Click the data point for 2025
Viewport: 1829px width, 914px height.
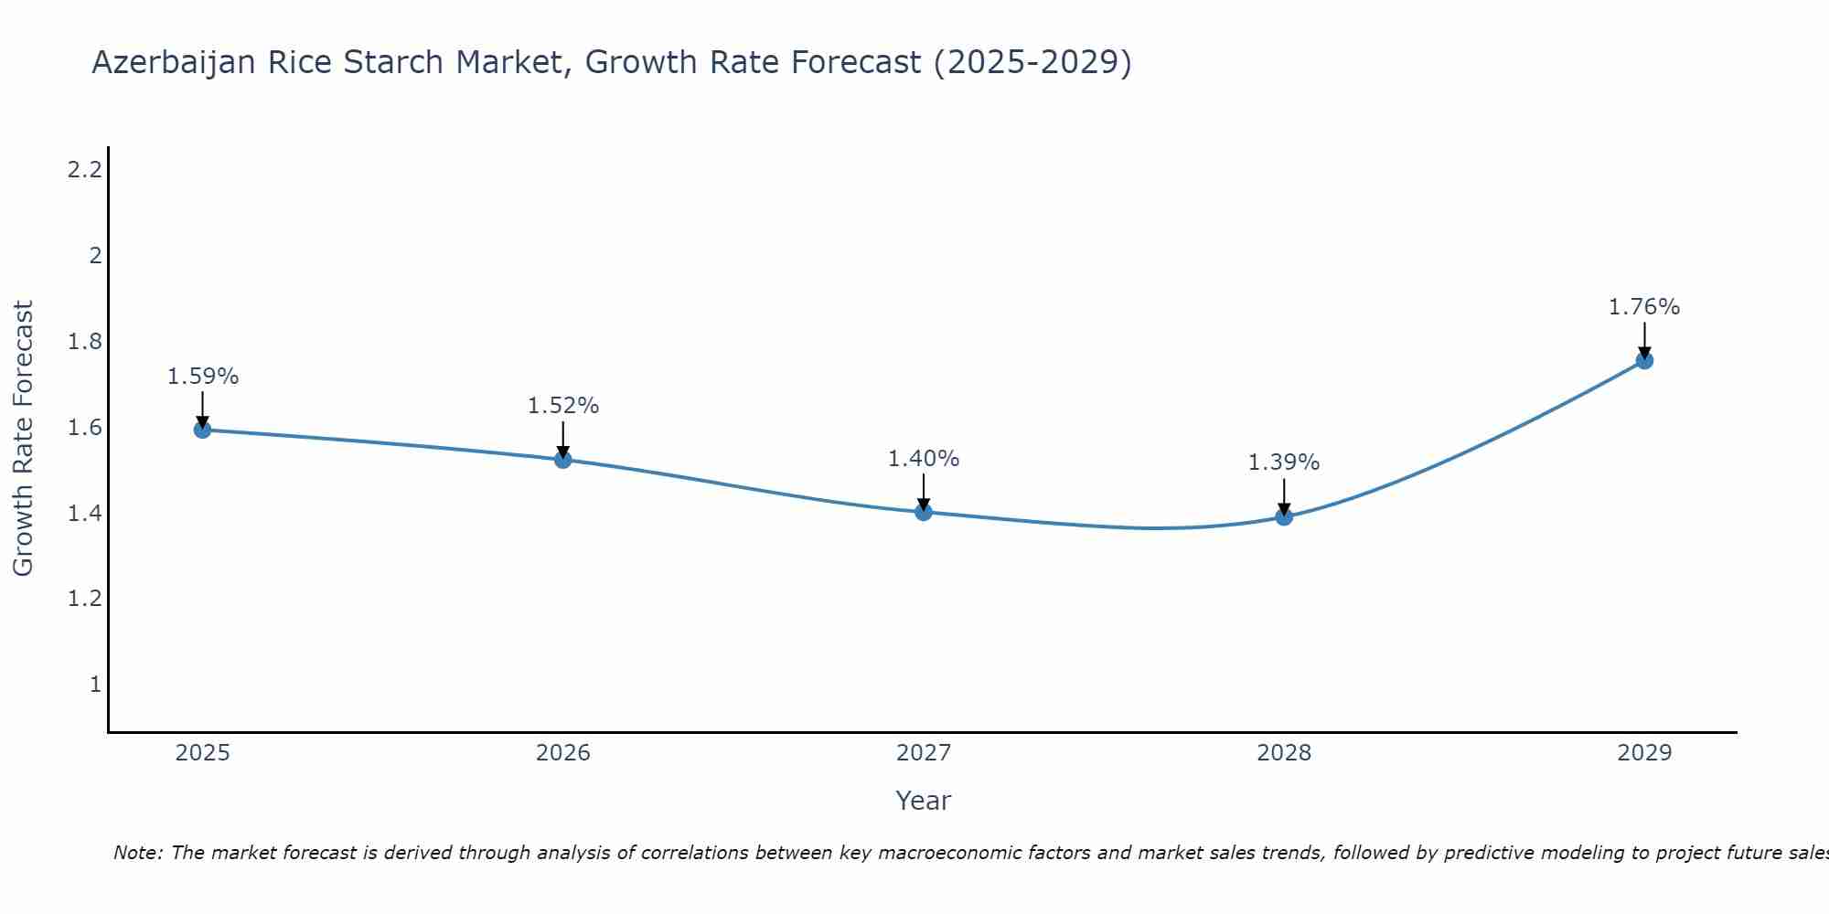[203, 430]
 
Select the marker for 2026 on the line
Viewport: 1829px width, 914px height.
[563, 460]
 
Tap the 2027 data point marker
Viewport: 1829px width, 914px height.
[924, 512]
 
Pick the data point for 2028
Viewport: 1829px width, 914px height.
[1284, 516]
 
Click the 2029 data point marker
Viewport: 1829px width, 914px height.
[1644, 360]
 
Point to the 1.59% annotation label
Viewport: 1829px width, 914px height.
[203, 377]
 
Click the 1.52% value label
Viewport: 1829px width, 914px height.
[563, 406]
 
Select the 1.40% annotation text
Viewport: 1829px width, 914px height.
[924, 459]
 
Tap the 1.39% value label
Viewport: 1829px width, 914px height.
[1284, 462]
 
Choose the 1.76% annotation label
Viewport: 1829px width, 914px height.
[1644, 307]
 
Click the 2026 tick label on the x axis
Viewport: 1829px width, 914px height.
[563, 753]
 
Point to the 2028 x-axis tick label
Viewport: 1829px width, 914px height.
[1284, 753]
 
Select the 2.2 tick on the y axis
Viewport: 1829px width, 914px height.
[85, 170]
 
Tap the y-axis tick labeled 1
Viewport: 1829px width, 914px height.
[95, 685]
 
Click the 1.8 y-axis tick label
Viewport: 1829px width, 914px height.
[85, 342]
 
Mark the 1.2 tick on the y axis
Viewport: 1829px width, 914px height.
[85, 599]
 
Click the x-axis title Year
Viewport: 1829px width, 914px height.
[924, 801]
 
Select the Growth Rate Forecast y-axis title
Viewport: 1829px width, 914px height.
[24, 439]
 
